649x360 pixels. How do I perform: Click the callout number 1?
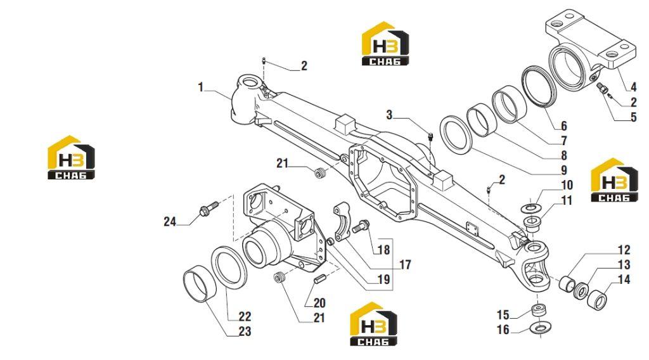tap(201, 87)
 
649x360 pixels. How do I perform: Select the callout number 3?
tap(389, 115)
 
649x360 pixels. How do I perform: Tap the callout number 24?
tap(170, 222)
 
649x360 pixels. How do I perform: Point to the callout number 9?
tap(563, 170)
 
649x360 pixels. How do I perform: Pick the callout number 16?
tap(503, 330)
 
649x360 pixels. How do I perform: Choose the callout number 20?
tap(319, 303)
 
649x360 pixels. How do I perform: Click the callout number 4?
tap(633, 87)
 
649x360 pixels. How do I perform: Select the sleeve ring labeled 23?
tap(200, 285)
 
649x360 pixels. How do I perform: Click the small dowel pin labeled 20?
tap(318, 279)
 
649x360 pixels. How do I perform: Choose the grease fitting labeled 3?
tap(430, 137)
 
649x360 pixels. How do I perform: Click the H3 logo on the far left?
tap(71, 157)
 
